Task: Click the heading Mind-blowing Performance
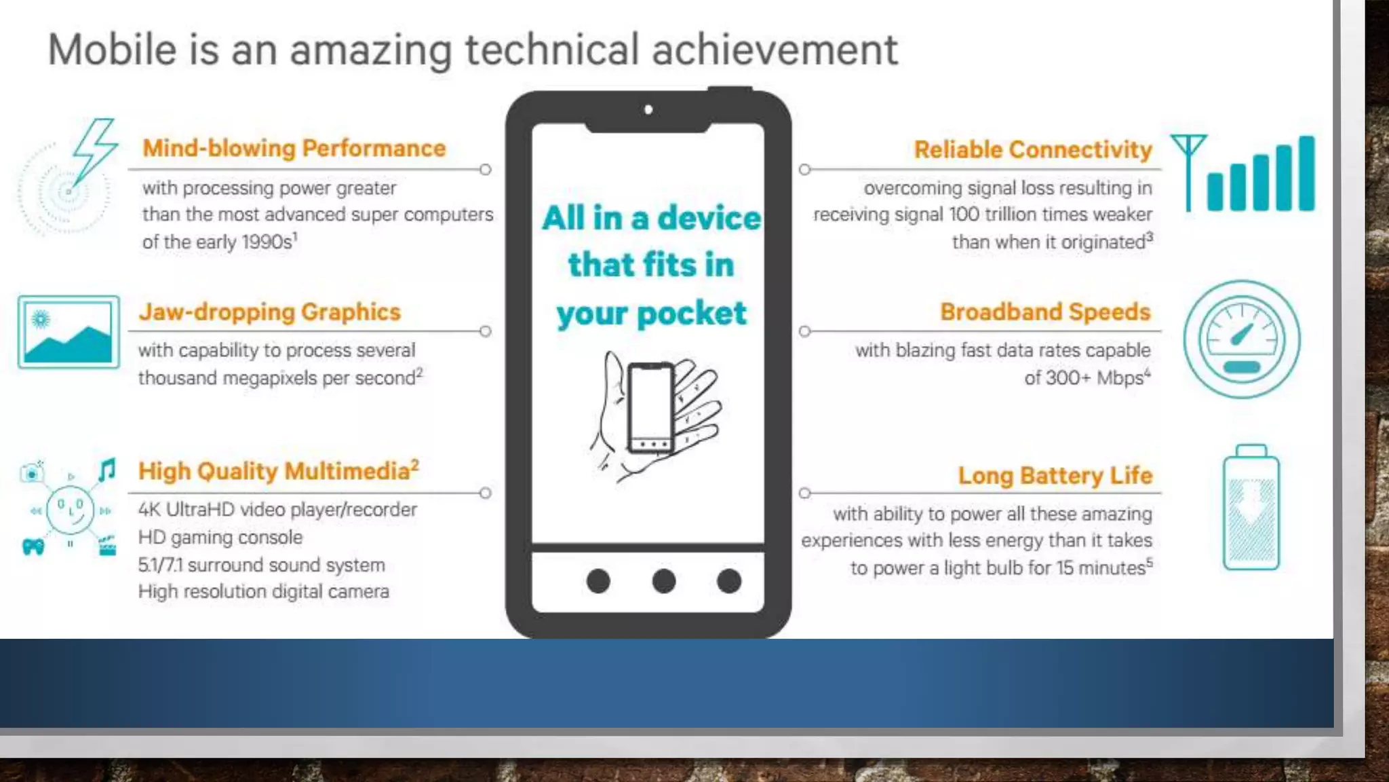point(294,148)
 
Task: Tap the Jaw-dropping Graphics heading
point(269,312)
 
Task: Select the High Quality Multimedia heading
point(278,470)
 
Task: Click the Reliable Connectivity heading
point(1032,149)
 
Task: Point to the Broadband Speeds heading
point(1045,312)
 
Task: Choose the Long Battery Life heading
point(1055,475)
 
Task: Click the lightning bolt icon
point(94,149)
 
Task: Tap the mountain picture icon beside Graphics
point(69,332)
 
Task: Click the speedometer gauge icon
point(1242,339)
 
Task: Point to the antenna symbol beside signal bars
point(1188,170)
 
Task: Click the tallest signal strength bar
point(1306,173)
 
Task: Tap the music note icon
point(107,470)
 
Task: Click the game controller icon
point(33,546)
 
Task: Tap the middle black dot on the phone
point(663,581)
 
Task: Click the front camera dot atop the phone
point(648,109)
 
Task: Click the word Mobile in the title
point(113,50)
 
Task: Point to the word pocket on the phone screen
point(691,314)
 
